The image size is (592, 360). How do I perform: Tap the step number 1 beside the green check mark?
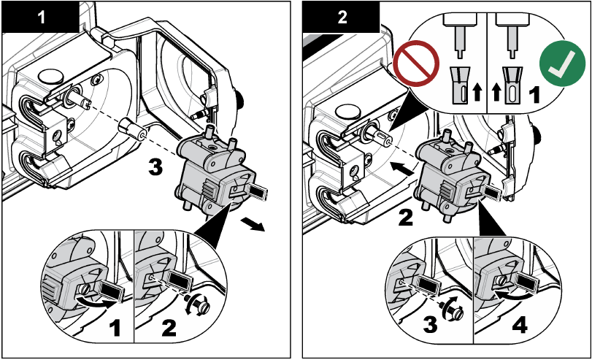coord(534,94)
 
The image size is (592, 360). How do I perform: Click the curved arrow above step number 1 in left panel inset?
coord(93,298)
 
